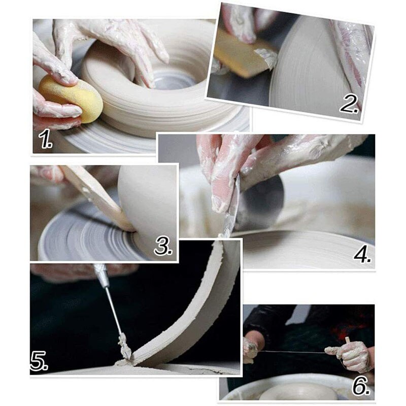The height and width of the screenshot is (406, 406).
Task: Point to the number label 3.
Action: click(163, 247)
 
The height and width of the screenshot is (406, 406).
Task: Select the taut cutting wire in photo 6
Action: click(294, 351)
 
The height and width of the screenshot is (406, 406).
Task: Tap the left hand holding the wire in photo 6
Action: click(251, 350)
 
